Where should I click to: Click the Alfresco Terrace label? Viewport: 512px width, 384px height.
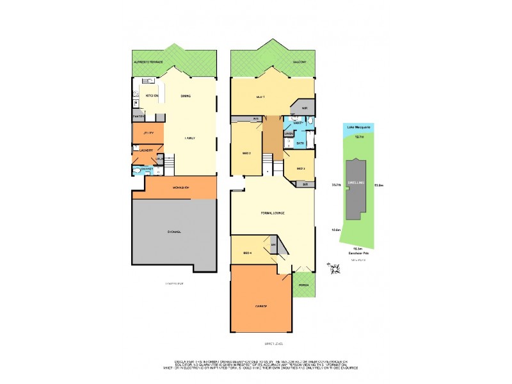[148, 61]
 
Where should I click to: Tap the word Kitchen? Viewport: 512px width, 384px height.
[152, 95]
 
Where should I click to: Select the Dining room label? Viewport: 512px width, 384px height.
[186, 95]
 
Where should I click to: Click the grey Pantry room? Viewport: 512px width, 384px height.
[138, 117]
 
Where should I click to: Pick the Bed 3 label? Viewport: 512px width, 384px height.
[300, 168]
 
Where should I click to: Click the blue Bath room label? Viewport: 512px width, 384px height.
[300, 143]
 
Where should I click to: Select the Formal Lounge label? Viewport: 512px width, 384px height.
[273, 212]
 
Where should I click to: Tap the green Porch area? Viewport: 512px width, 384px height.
[304, 285]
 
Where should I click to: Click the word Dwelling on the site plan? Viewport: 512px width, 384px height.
[356, 182]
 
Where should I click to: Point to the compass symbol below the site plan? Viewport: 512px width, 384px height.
[333, 270]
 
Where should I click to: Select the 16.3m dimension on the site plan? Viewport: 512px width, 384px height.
[358, 248]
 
